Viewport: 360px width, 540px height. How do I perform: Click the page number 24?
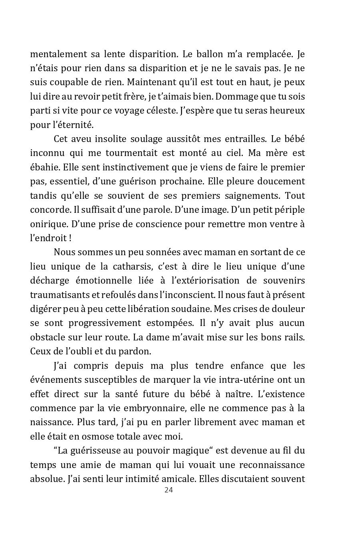point(168,490)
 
